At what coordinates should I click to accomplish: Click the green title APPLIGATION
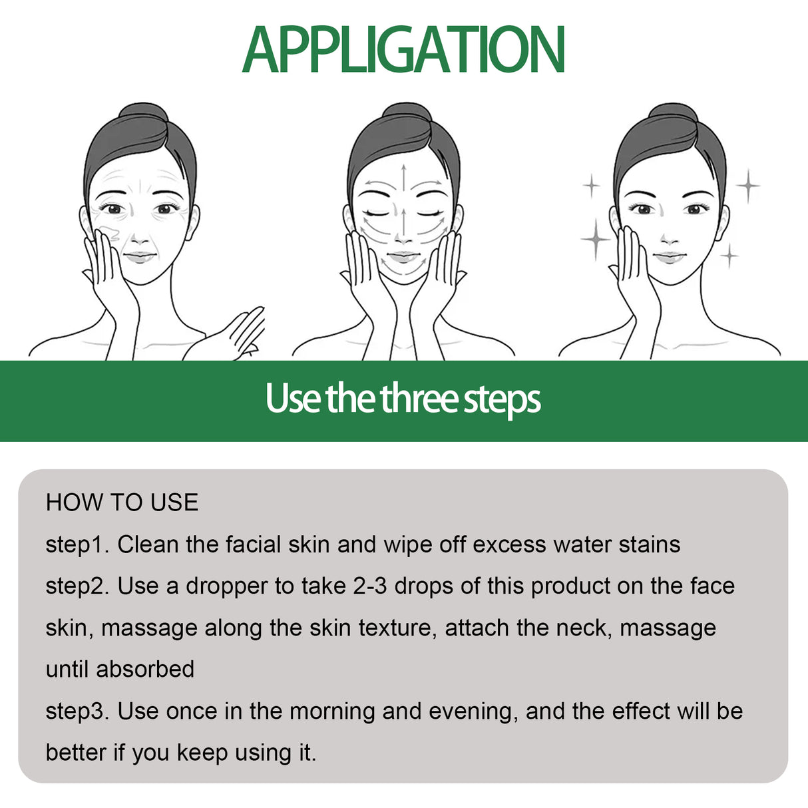[x=403, y=50]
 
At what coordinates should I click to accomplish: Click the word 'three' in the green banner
[x=419, y=399]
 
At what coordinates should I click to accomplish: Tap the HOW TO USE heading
[x=122, y=503]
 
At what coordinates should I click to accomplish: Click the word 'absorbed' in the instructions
[x=145, y=670]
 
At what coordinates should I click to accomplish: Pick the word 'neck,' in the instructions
[x=583, y=628]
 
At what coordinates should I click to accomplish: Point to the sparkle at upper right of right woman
[x=748, y=186]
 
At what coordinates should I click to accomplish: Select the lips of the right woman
[x=670, y=256]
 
